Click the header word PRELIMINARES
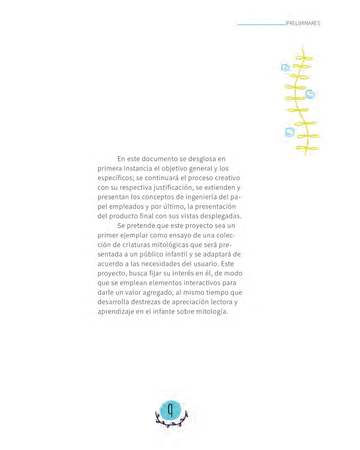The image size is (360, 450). (303, 23)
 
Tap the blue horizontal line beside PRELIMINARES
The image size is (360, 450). (261, 24)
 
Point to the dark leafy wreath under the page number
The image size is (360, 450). (172, 422)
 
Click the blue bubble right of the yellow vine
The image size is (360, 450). (310, 94)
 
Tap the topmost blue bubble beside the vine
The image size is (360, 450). (285, 67)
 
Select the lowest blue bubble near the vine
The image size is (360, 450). (289, 132)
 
